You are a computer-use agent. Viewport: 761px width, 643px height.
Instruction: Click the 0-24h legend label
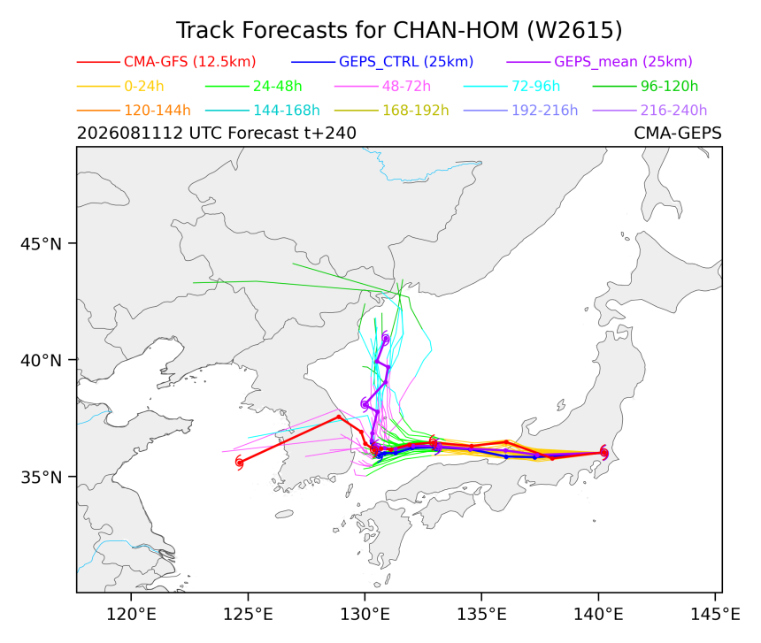[x=144, y=86]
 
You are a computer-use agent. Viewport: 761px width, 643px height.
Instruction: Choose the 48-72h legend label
[x=406, y=86]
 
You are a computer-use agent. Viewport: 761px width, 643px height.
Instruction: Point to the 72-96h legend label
[x=536, y=86]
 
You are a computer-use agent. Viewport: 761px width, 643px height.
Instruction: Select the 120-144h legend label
[x=158, y=110]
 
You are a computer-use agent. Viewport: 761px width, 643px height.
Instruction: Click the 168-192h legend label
[x=415, y=110]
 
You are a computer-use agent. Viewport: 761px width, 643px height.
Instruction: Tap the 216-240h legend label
[x=673, y=110]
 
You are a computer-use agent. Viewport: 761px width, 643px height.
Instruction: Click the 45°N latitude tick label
[x=42, y=243]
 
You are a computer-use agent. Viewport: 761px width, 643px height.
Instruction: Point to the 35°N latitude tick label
[x=42, y=477]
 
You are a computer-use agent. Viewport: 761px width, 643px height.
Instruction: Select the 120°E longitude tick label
[x=131, y=615]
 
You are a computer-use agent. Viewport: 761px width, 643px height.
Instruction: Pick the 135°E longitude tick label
[x=481, y=615]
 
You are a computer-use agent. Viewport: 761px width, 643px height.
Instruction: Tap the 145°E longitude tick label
[x=715, y=615]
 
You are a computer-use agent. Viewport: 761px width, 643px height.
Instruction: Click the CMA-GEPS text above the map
[x=678, y=133]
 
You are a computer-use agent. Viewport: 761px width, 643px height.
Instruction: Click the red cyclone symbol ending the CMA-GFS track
[x=239, y=462]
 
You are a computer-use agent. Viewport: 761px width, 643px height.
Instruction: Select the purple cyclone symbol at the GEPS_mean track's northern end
[x=386, y=338]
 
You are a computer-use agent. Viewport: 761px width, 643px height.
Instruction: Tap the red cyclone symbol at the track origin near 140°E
[x=603, y=453]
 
